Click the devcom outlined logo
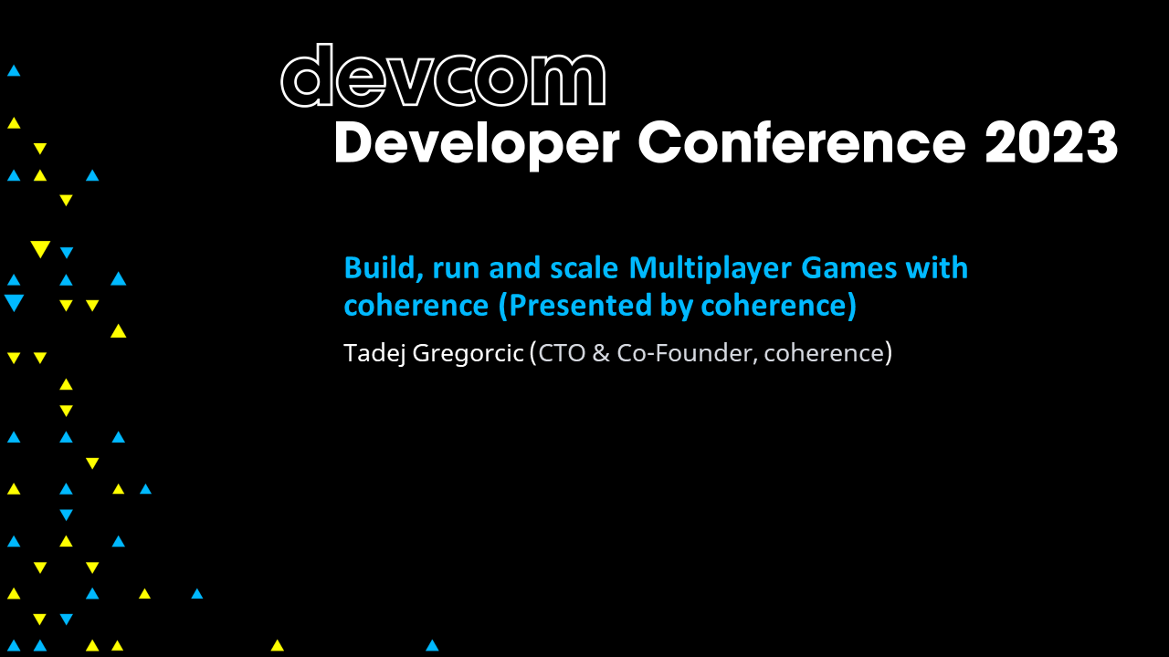coord(443,78)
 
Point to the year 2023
coord(1050,143)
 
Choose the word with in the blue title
coord(936,268)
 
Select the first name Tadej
coord(374,353)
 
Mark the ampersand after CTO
coord(601,353)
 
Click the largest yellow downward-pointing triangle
coord(39,249)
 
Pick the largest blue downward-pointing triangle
coord(14,303)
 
